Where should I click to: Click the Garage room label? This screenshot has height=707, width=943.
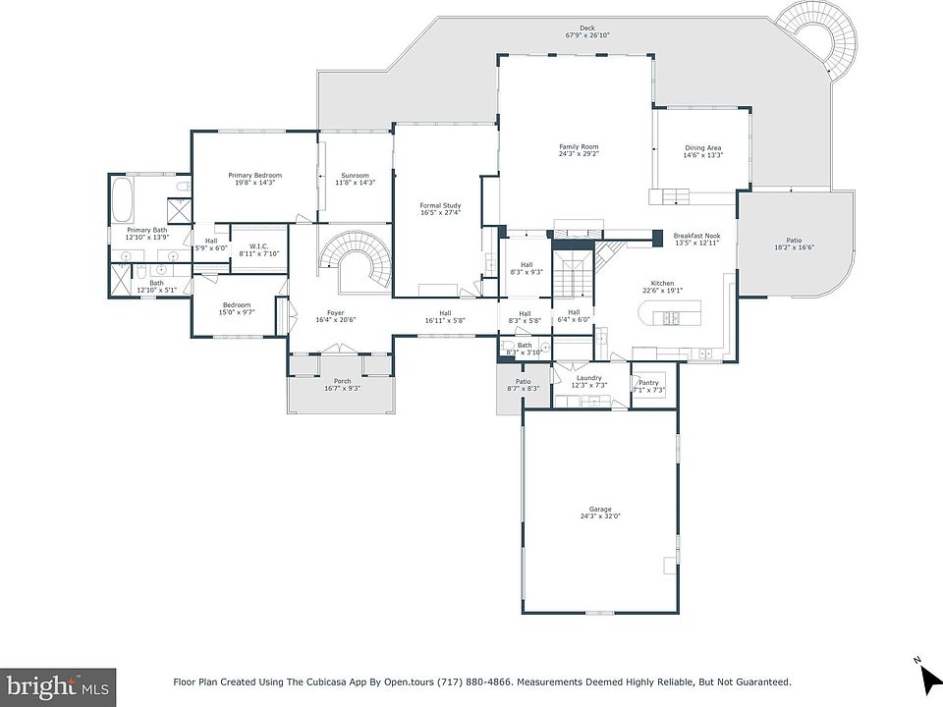(x=599, y=510)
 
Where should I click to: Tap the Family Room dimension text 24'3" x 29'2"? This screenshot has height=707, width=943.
(x=579, y=153)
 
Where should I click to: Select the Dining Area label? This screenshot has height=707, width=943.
(x=702, y=148)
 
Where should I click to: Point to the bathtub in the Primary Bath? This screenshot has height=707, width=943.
(x=123, y=199)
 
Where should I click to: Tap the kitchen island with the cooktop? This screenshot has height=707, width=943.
(x=667, y=314)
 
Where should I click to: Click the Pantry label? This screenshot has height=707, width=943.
(x=648, y=383)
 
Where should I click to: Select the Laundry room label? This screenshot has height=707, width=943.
(x=588, y=378)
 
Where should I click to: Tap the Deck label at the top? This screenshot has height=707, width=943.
(x=587, y=28)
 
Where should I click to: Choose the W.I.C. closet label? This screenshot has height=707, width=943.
(x=258, y=246)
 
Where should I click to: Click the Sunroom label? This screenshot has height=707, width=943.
(x=355, y=176)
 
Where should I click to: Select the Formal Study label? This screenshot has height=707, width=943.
(x=440, y=205)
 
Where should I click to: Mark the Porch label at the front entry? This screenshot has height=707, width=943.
(x=342, y=381)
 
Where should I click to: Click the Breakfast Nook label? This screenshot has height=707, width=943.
(x=696, y=237)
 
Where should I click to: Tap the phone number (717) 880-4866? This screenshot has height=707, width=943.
(x=474, y=681)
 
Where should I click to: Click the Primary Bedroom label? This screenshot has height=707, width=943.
(x=255, y=176)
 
